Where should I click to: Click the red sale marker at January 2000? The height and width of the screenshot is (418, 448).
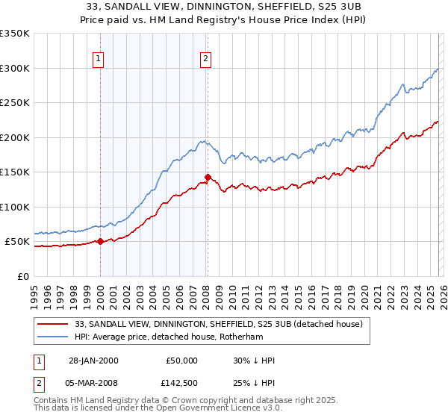point(100,241)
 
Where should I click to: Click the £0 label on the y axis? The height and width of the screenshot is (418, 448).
point(22,276)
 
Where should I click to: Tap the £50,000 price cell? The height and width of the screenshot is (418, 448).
point(182,361)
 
